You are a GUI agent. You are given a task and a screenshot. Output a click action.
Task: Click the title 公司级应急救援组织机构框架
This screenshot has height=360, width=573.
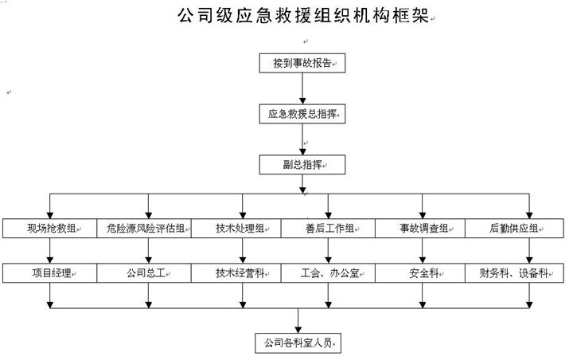(303, 15)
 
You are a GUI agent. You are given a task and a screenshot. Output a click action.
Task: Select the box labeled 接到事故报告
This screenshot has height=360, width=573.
(302, 63)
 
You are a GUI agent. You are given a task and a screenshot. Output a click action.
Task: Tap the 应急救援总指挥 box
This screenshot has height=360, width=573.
(302, 114)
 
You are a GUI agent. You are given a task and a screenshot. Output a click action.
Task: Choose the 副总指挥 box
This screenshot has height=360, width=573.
(302, 165)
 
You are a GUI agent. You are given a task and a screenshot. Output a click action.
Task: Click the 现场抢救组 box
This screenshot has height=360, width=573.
(49, 229)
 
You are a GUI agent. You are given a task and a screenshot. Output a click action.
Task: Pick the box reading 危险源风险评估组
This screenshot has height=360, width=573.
(144, 229)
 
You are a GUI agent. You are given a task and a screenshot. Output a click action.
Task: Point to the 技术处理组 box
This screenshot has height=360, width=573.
(236, 229)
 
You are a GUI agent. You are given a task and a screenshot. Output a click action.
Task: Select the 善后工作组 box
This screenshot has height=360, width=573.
(328, 229)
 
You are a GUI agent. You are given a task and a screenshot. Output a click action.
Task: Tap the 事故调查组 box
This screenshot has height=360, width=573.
(420, 229)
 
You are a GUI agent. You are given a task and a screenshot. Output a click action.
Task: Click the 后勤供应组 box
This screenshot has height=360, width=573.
(515, 229)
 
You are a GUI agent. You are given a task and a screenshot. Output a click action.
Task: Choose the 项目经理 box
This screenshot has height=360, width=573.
(49, 273)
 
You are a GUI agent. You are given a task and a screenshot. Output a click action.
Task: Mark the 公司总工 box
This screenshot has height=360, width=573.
(144, 273)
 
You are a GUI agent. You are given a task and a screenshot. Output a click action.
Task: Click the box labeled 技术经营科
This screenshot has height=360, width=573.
(236, 273)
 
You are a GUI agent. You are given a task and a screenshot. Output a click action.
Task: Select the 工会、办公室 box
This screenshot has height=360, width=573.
(328, 273)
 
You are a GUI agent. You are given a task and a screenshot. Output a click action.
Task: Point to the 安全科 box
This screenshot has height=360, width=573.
(420, 273)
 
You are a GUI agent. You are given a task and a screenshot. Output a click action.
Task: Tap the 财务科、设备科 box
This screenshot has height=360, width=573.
(515, 273)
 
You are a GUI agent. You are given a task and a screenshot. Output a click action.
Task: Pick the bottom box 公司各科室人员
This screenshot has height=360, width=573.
(298, 343)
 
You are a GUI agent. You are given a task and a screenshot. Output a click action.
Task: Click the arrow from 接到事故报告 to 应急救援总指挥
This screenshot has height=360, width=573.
(302, 88)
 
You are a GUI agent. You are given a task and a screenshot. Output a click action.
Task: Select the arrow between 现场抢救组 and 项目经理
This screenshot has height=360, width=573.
(50, 251)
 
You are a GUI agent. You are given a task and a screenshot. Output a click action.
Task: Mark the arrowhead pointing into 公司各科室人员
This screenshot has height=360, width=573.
(298, 330)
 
